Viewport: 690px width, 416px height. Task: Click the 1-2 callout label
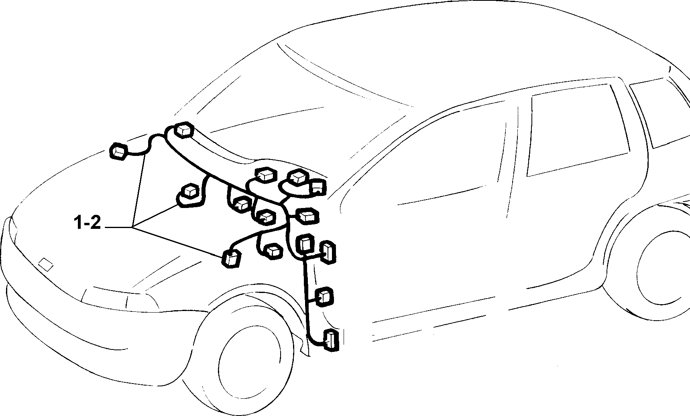coord(88,223)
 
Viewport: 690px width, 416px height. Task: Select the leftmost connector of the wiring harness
coord(119,151)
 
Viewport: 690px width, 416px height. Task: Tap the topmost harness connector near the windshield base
coord(184,130)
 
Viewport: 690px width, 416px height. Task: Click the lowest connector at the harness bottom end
coord(331,341)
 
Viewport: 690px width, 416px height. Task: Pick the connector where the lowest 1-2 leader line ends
coord(232,258)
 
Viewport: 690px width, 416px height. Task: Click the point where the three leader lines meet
coord(132,228)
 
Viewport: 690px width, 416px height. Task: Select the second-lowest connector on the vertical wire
coord(325,296)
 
